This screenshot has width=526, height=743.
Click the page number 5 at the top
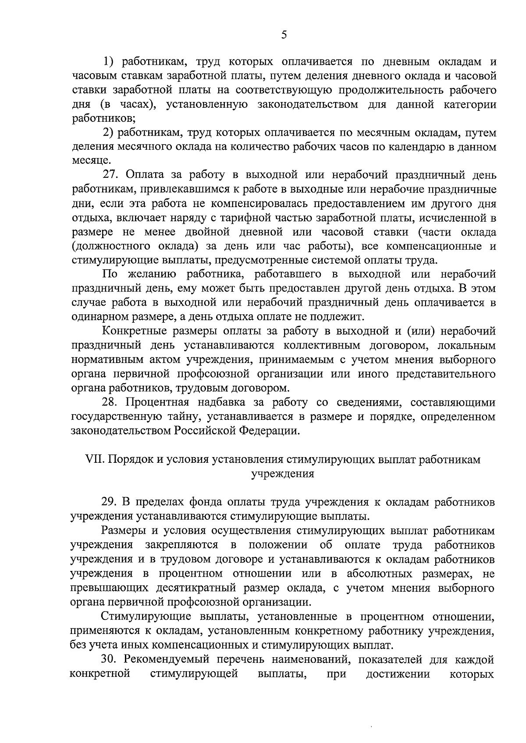click(x=284, y=35)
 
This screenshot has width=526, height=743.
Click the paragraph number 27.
click(x=111, y=175)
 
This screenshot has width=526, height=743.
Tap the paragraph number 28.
click(x=110, y=402)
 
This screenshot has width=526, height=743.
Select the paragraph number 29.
click(x=110, y=502)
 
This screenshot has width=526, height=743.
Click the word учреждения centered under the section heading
click(x=282, y=474)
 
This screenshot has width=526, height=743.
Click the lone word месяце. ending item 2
click(x=88, y=161)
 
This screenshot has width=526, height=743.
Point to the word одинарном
click(x=97, y=317)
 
